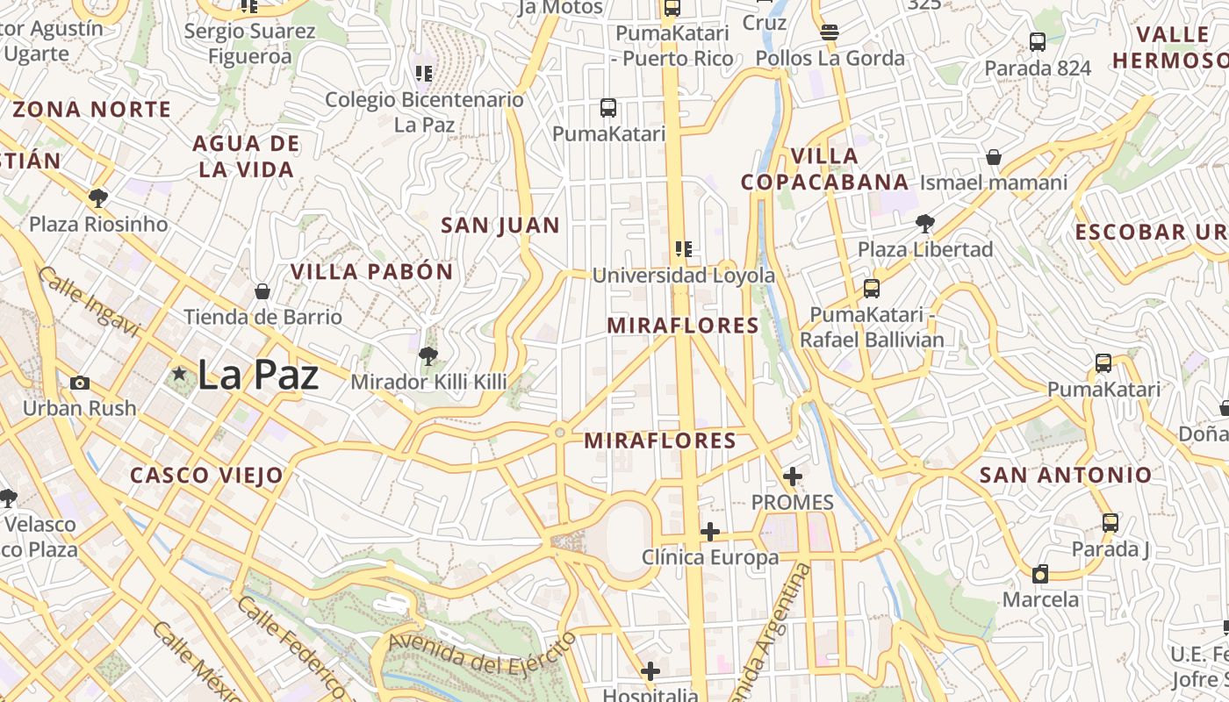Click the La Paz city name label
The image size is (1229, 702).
point(257,376)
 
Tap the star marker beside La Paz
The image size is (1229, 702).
point(179,375)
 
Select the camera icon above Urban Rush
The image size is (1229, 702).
point(80,383)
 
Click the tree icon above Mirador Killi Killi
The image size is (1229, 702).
point(428,355)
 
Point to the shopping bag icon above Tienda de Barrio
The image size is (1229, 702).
point(262,291)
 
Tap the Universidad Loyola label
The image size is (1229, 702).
point(684,276)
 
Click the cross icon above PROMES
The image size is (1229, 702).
point(793,476)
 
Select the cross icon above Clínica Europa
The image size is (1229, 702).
point(710,532)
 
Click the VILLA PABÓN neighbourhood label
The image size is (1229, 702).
point(372,272)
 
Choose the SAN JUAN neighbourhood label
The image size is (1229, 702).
point(500,226)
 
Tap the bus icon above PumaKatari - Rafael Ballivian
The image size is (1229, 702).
point(871,288)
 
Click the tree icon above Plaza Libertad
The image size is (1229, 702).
point(924,223)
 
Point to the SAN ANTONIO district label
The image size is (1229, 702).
point(1065,476)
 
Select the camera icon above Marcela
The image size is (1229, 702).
point(1040,575)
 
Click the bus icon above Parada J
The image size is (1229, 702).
point(1110,523)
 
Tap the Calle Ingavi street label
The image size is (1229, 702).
point(89,302)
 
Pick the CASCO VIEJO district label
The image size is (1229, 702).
point(207,476)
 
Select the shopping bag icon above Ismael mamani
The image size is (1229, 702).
point(994,157)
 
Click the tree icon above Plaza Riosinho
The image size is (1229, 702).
point(98,197)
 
